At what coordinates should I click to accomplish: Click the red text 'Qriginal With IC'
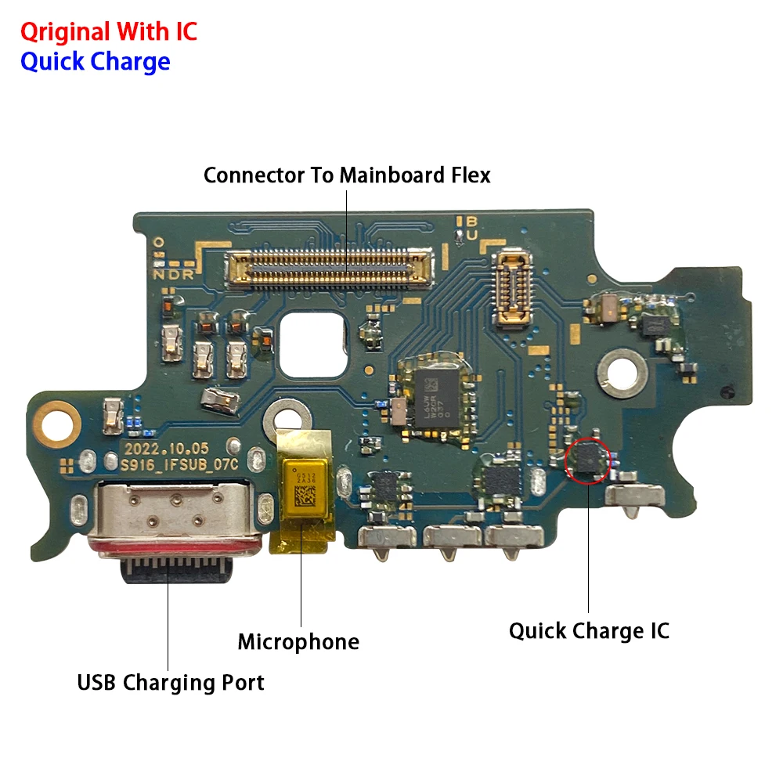click(108, 32)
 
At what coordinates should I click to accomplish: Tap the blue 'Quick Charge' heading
click(95, 61)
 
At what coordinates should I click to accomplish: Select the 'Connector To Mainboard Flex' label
click(347, 175)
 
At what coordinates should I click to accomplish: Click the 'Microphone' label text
click(298, 642)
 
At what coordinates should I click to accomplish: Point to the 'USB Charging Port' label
click(171, 682)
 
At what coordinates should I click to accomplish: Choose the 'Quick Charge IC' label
click(589, 630)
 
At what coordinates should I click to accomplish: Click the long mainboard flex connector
click(329, 268)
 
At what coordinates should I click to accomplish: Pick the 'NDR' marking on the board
click(168, 275)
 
